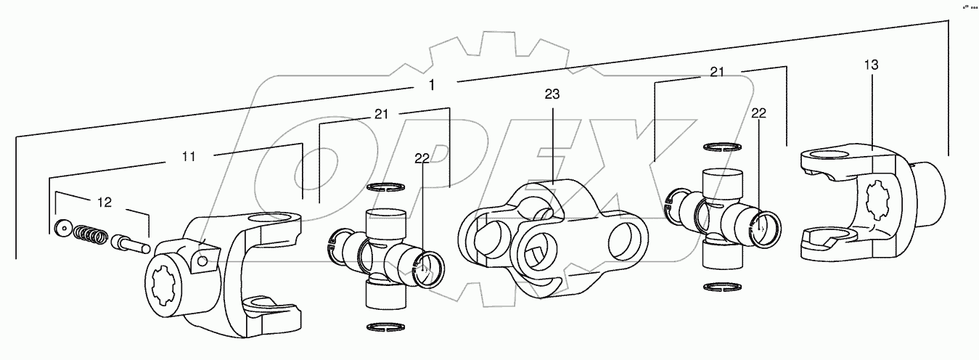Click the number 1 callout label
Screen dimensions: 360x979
[x=432, y=85]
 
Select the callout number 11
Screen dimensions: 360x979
[x=187, y=156]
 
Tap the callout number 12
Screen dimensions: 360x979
[x=105, y=202]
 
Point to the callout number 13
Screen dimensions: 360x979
[x=871, y=65]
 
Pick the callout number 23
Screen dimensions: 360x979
[x=553, y=94]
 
